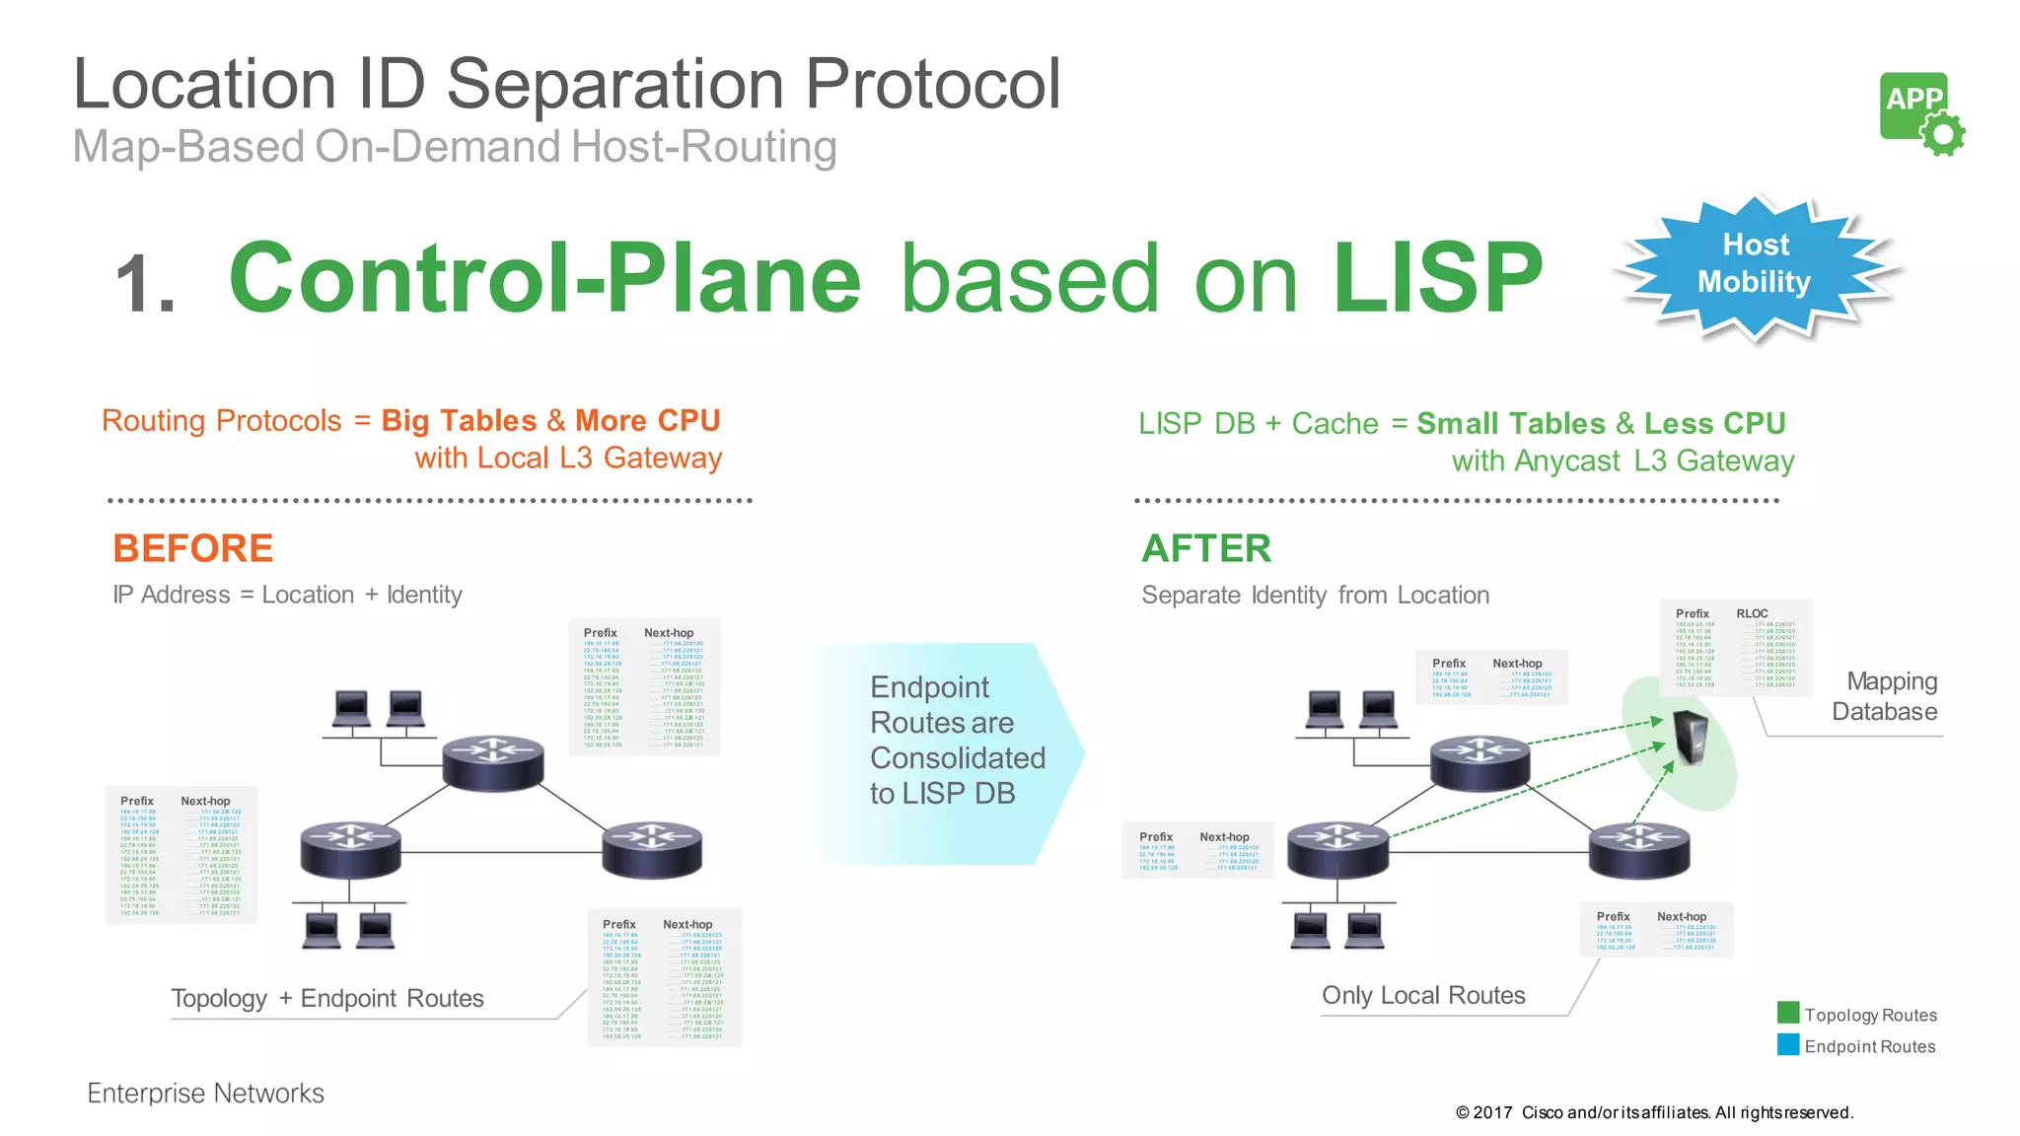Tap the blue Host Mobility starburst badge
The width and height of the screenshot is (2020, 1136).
1755,264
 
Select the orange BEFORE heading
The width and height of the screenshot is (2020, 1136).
192,548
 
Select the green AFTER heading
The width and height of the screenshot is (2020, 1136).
1206,548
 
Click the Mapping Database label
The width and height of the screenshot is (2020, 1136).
1885,696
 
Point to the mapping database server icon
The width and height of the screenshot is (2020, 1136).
1691,738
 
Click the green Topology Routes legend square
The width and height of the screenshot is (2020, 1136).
1787,1013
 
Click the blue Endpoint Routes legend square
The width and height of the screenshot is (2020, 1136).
1787,1044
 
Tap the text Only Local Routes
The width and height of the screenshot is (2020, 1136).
1423,995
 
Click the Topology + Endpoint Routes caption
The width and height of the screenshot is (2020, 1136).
327,998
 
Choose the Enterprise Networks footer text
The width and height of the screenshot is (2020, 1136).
205,1093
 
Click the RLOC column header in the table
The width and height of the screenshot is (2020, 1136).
1752,613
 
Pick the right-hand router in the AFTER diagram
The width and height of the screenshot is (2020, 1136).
1638,848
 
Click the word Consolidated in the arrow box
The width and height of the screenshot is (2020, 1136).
957,757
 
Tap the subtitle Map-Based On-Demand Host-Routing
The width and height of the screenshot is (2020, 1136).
455,147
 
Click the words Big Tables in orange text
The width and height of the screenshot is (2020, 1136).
459,421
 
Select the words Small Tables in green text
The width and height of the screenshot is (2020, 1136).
1511,424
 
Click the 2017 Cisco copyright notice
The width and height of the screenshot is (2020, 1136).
1654,1112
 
